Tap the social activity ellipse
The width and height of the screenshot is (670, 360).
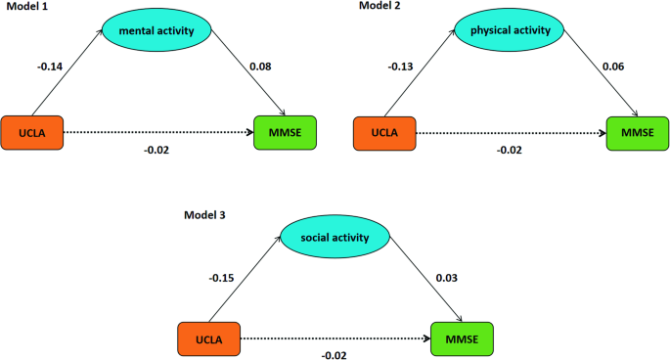(335, 236)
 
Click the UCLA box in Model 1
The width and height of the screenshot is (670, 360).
(32, 132)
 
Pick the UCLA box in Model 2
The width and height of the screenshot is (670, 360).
(384, 132)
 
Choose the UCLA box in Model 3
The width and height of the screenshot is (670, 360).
(209, 338)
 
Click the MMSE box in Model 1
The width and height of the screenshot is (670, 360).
(285, 132)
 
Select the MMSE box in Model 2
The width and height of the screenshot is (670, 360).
(637, 132)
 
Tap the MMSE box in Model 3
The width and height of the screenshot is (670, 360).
(462, 338)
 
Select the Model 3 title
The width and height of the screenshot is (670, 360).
(204, 212)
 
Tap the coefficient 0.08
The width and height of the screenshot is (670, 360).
(260, 67)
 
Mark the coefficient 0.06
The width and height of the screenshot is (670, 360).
(613, 67)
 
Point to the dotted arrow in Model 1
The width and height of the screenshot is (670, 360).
(156, 132)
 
